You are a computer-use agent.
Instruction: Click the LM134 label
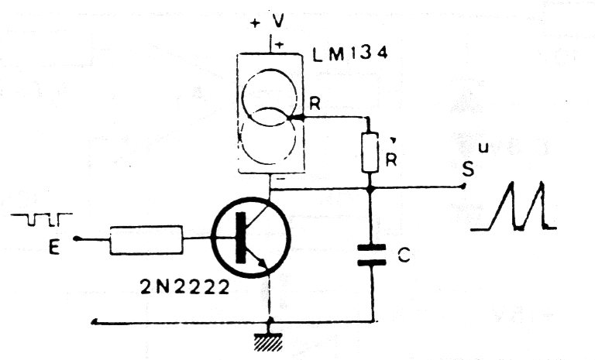tap(350, 53)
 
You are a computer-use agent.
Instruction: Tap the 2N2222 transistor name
tap(185, 286)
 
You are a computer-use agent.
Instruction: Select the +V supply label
tap(267, 22)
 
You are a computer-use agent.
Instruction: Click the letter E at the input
tap(54, 248)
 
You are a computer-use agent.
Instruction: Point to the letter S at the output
tap(468, 170)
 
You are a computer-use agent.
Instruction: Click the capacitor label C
tap(404, 257)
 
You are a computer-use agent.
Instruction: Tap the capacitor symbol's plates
tap(372, 255)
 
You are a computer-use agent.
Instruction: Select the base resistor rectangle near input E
tap(146, 240)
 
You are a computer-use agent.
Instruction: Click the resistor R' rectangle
tap(370, 153)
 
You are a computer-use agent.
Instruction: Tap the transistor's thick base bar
tap(241, 238)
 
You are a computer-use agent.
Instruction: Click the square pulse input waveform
tap(42, 220)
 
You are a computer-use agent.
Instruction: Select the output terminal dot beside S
tap(463, 186)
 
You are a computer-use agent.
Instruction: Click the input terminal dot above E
tap(76, 238)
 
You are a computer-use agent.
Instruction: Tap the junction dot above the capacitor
tap(370, 188)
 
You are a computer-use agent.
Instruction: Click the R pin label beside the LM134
tap(315, 103)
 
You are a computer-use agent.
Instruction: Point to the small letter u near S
tap(483, 148)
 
